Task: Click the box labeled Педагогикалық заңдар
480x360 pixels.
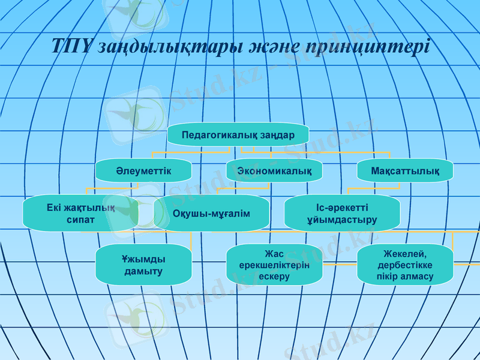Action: [x=238, y=134]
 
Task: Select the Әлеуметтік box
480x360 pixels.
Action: [x=143, y=171]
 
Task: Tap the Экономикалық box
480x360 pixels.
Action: [x=274, y=171]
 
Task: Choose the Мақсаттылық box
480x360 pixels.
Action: [x=404, y=171]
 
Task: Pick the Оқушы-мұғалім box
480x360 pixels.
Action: [x=211, y=214]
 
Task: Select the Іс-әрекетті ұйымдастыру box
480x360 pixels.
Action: [x=342, y=214]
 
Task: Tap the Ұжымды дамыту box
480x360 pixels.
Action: [x=143, y=265]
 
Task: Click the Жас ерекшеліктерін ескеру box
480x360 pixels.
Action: [x=274, y=265]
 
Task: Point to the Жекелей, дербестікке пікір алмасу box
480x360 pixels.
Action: [x=404, y=265]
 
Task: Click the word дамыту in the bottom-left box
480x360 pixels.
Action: [x=143, y=271]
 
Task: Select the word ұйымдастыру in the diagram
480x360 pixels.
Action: [x=342, y=220]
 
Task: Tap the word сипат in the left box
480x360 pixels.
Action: [x=80, y=220]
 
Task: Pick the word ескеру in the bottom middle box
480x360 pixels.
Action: [x=274, y=276]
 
